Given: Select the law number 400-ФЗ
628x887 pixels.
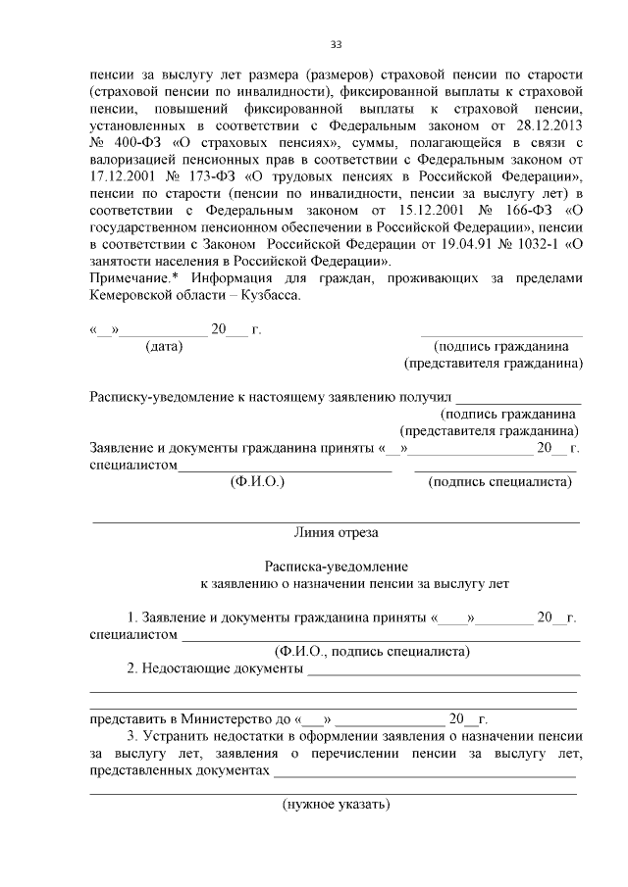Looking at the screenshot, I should [x=134, y=145].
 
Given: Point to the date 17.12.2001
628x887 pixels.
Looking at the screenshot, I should [x=122, y=180].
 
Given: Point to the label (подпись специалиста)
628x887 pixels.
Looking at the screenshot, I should [x=500, y=482].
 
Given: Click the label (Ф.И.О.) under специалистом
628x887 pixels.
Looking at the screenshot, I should [x=257, y=482].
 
